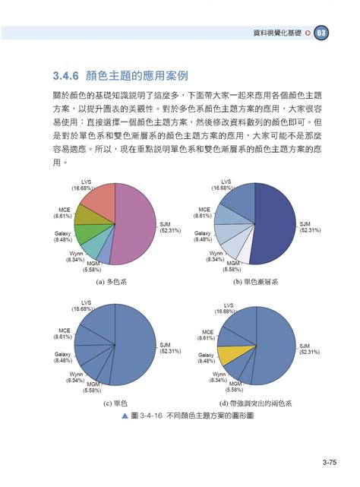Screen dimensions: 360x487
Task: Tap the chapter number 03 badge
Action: pos(323,33)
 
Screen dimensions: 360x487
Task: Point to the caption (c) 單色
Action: pos(112,403)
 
